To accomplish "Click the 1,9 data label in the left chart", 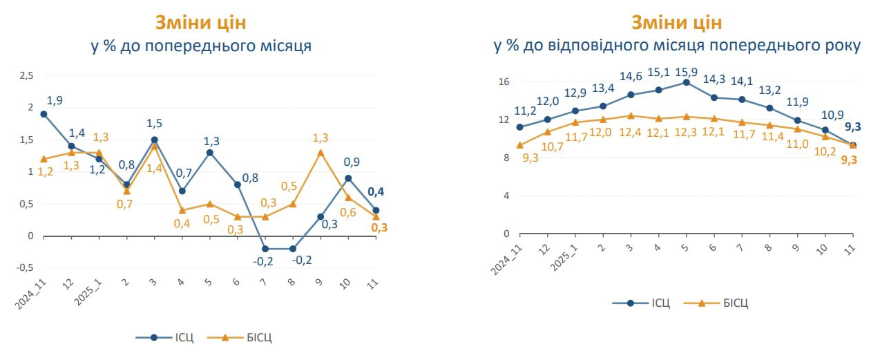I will pyautogui.click(x=55, y=100).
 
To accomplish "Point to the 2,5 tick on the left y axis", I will pyautogui.click(x=26, y=75).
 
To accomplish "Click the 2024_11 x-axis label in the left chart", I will pyautogui.click(x=32, y=293).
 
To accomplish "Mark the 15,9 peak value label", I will pyautogui.click(x=686, y=72).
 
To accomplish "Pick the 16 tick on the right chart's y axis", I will pyautogui.click(x=503, y=82).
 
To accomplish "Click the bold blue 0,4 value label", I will pyautogui.click(x=376, y=193).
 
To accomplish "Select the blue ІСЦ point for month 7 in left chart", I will pyautogui.click(x=265, y=249).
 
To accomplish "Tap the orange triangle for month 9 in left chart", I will pyautogui.click(x=320, y=152).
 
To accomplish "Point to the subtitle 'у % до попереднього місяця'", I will pyautogui.click(x=201, y=46).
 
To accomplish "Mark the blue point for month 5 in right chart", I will pyautogui.click(x=686, y=82).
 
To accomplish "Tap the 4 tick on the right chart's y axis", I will pyautogui.click(x=506, y=196).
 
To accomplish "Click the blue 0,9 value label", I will pyautogui.click(x=352, y=162).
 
